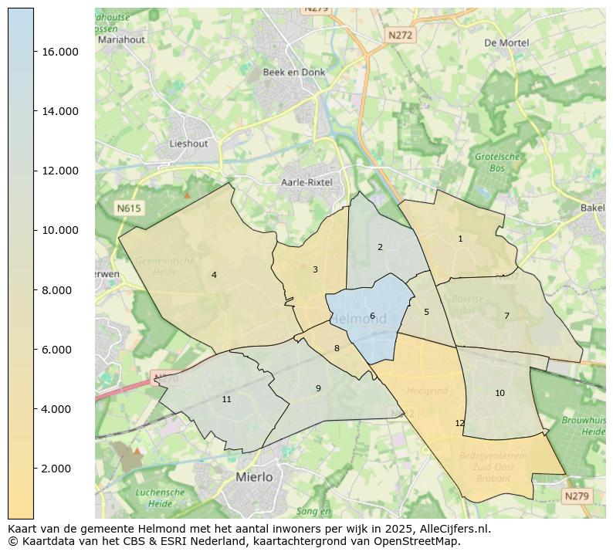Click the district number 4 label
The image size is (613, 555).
[x=214, y=275]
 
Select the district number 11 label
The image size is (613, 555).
[x=226, y=399]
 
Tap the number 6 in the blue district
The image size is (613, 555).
[x=372, y=316]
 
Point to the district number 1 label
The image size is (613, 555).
[x=460, y=239]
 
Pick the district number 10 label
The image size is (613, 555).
[x=500, y=393]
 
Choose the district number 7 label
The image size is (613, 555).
[x=506, y=316]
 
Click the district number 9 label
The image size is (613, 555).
[x=318, y=388]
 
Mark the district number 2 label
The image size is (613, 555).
[x=380, y=247]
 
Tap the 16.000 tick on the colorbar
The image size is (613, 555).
[x=60, y=52]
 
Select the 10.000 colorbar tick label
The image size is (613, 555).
[x=60, y=230]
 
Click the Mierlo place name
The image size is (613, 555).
[x=254, y=477]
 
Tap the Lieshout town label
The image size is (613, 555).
[x=188, y=144]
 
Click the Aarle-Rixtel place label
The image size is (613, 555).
[x=306, y=183]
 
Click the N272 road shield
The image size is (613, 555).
[x=400, y=36]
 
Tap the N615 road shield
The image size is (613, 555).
[x=129, y=208]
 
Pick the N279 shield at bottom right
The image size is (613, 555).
[x=577, y=496]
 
